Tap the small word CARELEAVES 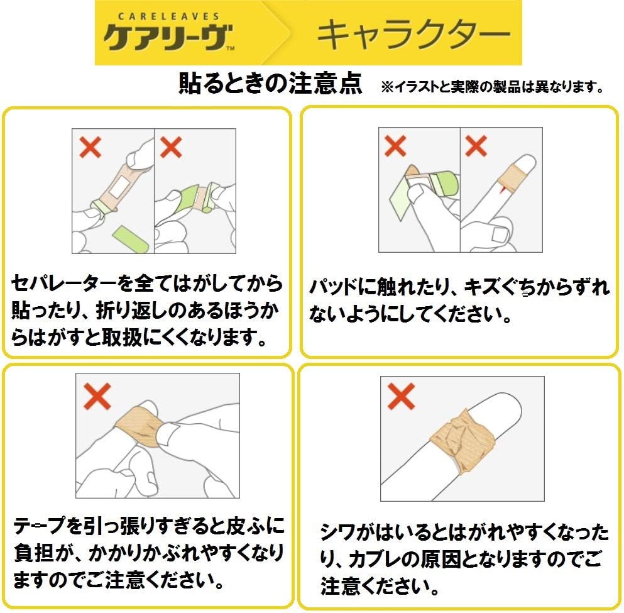[x=169, y=16]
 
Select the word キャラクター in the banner [x=413, y=35]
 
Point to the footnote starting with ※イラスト [x=492, y=86]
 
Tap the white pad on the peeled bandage [x=119, y=186]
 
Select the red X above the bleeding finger [x=476, y=146]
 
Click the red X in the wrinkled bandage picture [x=401, y=396]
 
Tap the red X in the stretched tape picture [x=97, y=396]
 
